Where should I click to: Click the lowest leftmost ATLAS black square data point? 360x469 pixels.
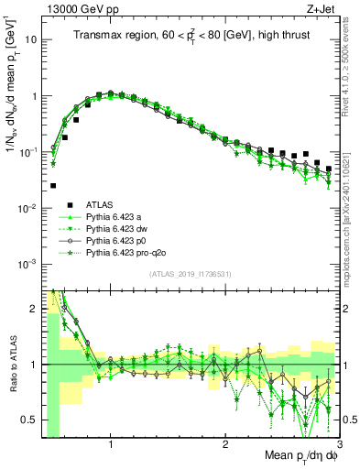point(53,185)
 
